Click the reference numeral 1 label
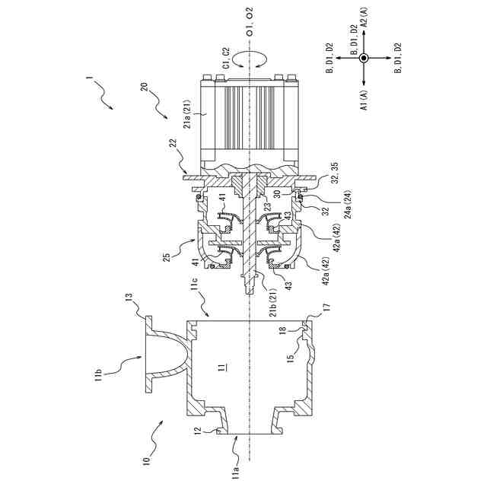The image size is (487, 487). [90, 79]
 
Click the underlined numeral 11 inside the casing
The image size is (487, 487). [219, 370]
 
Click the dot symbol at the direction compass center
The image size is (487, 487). [364, 59]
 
